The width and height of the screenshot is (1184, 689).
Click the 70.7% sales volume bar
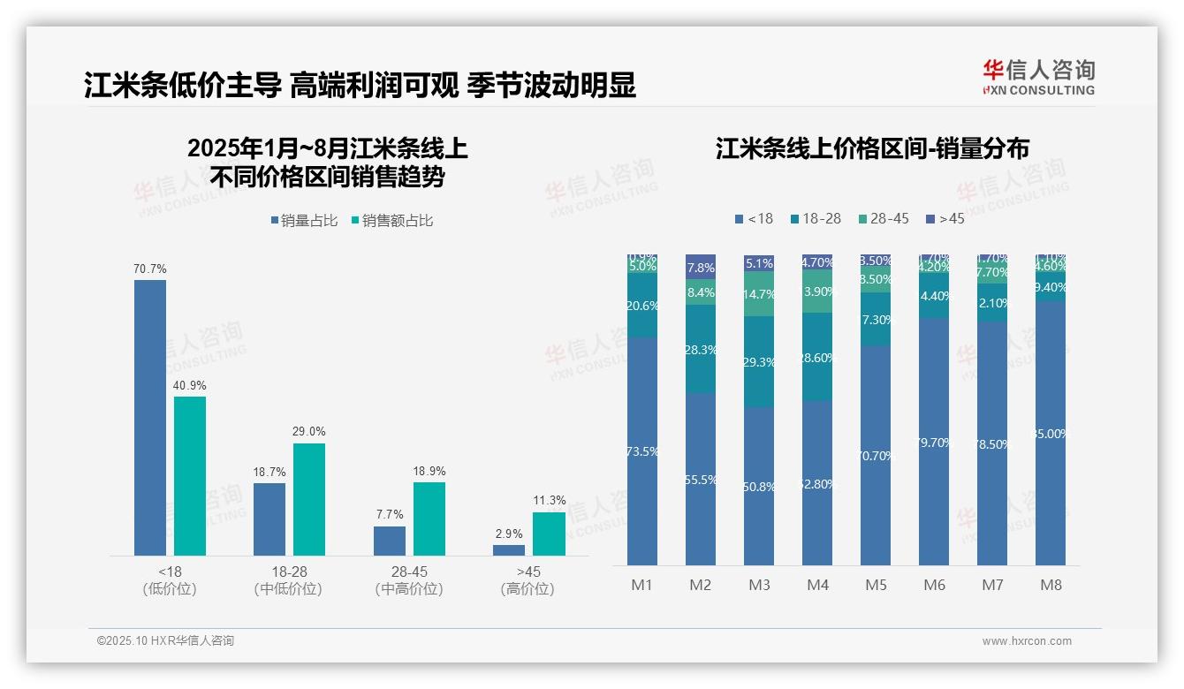coord(149,417)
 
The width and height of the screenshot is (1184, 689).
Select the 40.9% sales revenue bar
coord(190,475)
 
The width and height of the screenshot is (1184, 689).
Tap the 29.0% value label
coord(308,432)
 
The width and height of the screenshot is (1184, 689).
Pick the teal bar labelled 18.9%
coord(429,519)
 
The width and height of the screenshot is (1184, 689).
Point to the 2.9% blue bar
coord(509,549)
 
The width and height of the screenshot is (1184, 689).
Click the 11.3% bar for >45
coord(549,534)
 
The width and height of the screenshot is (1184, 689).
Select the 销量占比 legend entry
coord(305,221)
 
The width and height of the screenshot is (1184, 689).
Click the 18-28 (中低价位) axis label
coord(287,580)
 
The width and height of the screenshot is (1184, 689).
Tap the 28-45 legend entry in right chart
coord(884,218)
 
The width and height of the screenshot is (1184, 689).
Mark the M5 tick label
coord(876,585)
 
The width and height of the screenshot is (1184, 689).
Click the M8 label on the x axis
coord(1051,585)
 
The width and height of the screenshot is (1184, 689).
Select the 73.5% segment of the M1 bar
coord(642,450)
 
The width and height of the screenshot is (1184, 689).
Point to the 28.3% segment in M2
coord(701,349)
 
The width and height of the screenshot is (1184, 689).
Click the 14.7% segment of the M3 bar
coord(759,294)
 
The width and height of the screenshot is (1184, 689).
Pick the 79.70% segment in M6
coord(934,442)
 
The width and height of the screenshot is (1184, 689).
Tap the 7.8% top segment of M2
coord(701,266)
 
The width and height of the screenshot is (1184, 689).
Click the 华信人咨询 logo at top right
coord(1038,77)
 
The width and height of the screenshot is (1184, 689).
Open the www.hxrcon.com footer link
coord(1027,641)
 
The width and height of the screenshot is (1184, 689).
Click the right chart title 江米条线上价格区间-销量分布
coord(872,148)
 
